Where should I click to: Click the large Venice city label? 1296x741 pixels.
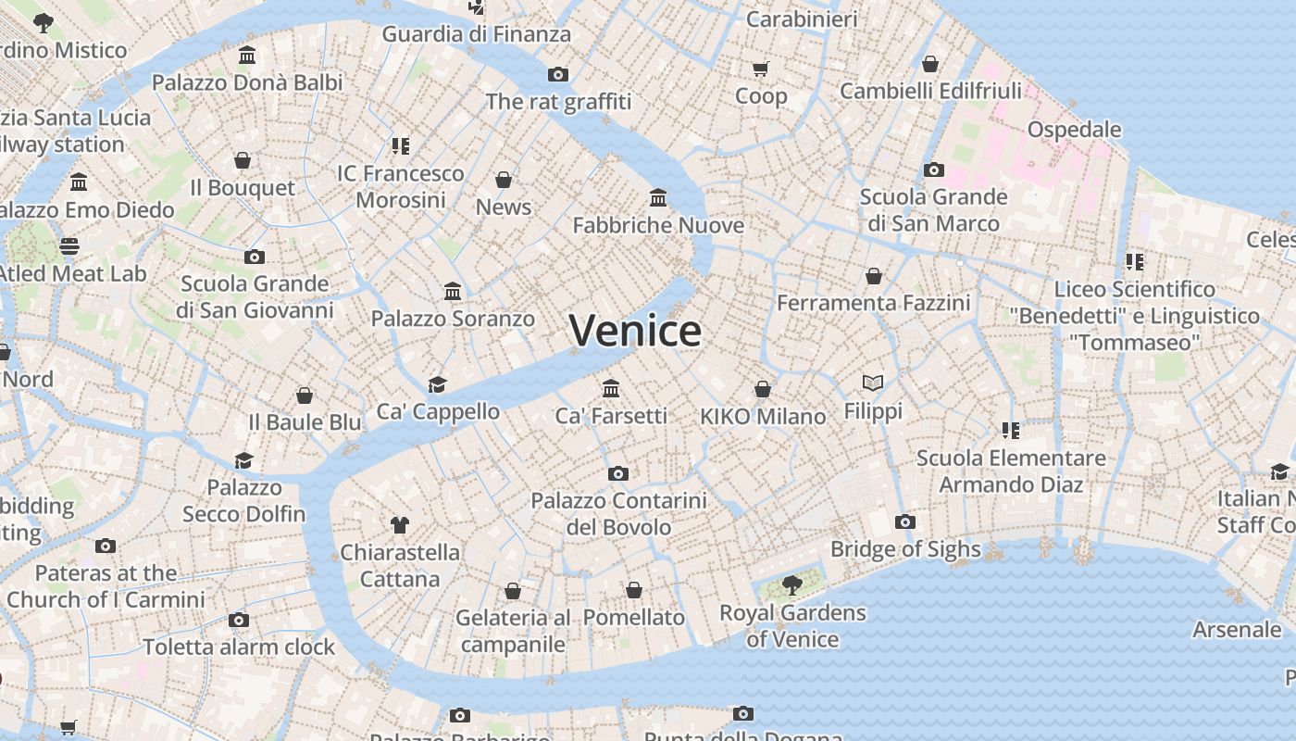click(635, 331)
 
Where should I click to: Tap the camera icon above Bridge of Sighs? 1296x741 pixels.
click(905, 522)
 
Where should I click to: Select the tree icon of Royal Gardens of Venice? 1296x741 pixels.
click(791, 584)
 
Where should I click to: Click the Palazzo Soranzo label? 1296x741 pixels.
click(453, 319)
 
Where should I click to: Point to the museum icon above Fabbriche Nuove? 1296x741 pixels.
click(658, 197)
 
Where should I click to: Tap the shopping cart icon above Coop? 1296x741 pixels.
click(761, 69)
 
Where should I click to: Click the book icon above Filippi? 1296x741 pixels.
click(872, 383)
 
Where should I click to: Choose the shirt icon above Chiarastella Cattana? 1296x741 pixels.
click(399, 525)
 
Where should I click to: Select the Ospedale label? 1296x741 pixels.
click(1074, 129)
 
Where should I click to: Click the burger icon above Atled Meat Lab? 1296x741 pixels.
click(69, 246)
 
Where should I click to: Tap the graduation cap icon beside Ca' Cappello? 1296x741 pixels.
click(437, 384)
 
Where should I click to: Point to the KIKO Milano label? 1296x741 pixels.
click(763, 417)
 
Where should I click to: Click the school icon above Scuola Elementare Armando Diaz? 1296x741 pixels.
click(1010, 431)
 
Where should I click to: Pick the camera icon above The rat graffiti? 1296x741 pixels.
click(557, 75)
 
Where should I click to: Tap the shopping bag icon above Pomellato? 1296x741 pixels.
click(634, 590)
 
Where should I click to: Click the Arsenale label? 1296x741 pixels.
click(1237, 630)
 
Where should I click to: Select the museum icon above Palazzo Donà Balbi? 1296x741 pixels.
click(247, 56)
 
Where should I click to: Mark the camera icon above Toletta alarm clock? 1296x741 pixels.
click(239, 621)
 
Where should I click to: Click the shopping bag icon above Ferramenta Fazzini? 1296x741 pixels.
click(873, 276)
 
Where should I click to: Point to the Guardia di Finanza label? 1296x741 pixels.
click(476, 34)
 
